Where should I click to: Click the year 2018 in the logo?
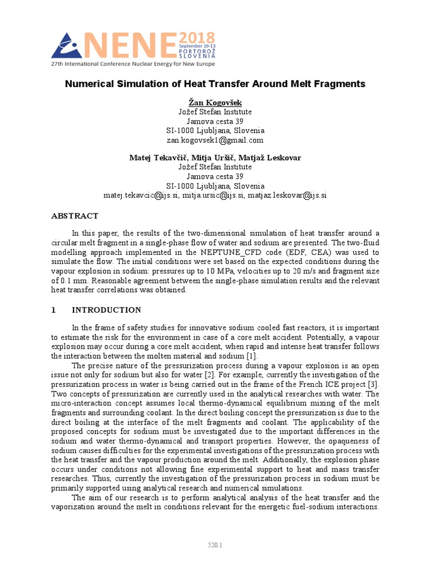pos(196,38)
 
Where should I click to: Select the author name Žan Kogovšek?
pos(215,102)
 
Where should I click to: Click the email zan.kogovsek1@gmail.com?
pos(215,140)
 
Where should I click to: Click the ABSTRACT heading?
pos(75,216)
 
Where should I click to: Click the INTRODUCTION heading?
pos(106,310)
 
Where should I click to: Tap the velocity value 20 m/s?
pos(317,271)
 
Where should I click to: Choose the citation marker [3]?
pos(373,384)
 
